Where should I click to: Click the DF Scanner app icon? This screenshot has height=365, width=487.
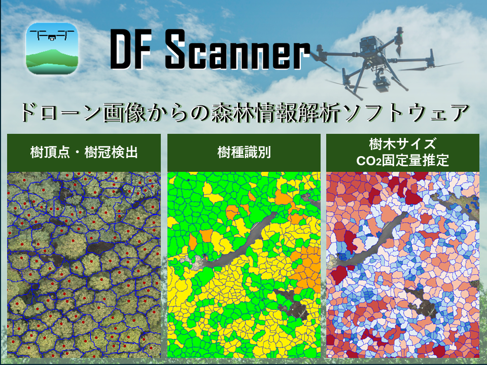(x=52, y=49)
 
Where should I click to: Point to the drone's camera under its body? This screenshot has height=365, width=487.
(x=380, y=82)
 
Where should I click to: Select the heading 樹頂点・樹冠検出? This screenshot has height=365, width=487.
(x=84, y=153)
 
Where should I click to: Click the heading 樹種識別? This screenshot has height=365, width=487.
(x=244, y=153)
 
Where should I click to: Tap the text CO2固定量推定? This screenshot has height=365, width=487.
(x=402, y=161)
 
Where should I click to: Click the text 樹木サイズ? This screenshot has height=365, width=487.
(x=402, y=144)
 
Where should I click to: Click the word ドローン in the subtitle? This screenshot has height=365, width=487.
(x=61, y=113)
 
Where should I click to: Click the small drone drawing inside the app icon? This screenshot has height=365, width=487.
(x=52, y=33)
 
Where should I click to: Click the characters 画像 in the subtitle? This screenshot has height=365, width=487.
(x=123, y=113)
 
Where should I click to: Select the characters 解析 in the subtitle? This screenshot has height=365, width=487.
(x=321, y=113)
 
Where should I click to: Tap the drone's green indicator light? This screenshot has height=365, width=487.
(x=401, y=35)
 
